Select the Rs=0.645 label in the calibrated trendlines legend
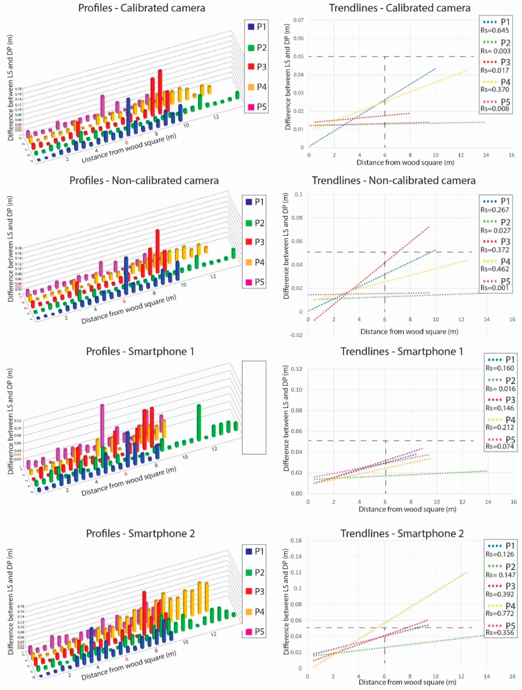pyautogui.click(x=495, y=30)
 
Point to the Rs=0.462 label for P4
pyautogui.click(x=495, y=269)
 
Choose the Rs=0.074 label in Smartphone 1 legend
pyautogui.click(x=500, y=446)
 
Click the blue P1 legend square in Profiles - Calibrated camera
pyautogui.click(x=251, y=27)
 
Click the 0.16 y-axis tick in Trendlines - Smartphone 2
pyautogui.click(x=296, y=541)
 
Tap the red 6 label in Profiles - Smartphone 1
pyautogui.click(x=126, y=474)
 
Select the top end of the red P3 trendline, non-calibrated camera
pyautogui.click(x=429, y=227)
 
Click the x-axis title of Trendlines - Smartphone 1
pyautogui.click(x=407, y=509)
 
